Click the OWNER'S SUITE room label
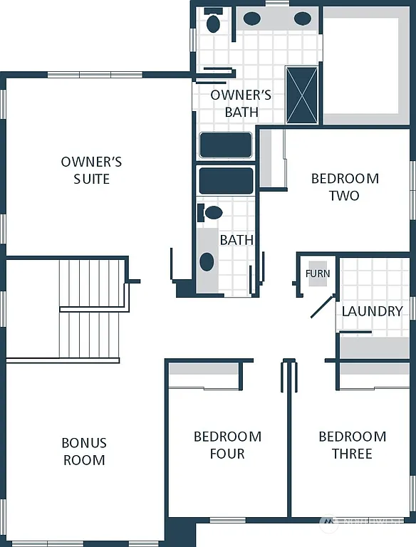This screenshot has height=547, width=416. pos(91,170)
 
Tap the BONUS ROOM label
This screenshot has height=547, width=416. pos(84,452)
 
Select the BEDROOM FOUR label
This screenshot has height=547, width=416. pos(227,445)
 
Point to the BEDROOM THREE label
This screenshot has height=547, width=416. pos(352,445)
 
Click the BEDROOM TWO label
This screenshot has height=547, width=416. pos(345,187)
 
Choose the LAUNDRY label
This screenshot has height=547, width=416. pos(372,311)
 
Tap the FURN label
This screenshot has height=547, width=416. pos(318,273)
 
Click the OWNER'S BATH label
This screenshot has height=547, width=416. pos(241,103)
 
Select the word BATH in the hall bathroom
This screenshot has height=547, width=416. pos(236,240)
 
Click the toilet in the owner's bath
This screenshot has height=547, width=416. pos(213,22)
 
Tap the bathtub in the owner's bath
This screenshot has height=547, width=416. pos(225,145)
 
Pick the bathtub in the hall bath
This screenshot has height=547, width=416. pos(226,181)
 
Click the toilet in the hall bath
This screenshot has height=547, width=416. pos(212,212)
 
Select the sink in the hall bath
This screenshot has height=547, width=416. pos(207,261)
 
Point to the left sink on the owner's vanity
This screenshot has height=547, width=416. pos(251,19)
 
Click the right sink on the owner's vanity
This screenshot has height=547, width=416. pos(303,19)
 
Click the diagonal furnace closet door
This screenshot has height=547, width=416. pos(322,306)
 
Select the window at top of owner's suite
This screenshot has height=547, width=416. pos(95,74)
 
